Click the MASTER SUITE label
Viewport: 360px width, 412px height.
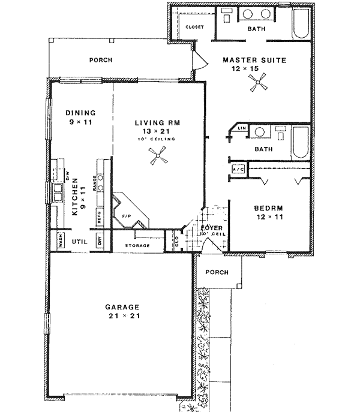point(254,60)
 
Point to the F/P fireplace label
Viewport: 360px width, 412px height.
point(127,215)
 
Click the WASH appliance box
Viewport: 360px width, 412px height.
point(61,241)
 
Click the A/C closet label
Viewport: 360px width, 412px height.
point(238,170)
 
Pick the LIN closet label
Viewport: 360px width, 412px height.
point(241,128)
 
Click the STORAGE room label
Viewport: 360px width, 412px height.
point(137,246)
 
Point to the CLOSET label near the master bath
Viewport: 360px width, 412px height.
point(194,28)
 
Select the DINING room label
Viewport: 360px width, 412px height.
point(80,112)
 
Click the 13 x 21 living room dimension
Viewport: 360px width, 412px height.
point(157,131)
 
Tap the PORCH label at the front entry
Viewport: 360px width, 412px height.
point(217,272)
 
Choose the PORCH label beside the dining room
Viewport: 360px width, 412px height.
point(101,60)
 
